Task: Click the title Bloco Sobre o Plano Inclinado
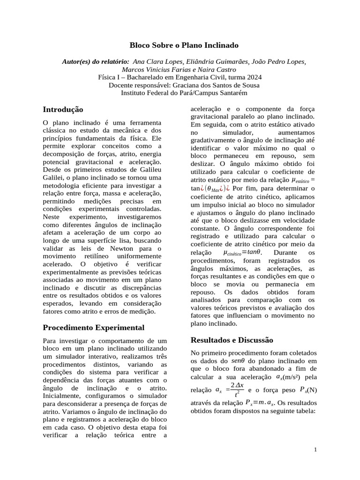click(x=184, y=45)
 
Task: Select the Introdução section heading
click(x=63, y=109)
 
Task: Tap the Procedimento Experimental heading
click(x=93, y=327)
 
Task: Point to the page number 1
click(x=316, y=450)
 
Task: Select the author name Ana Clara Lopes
click(x=155, y=61)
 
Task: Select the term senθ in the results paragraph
click(x=241, y=360)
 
